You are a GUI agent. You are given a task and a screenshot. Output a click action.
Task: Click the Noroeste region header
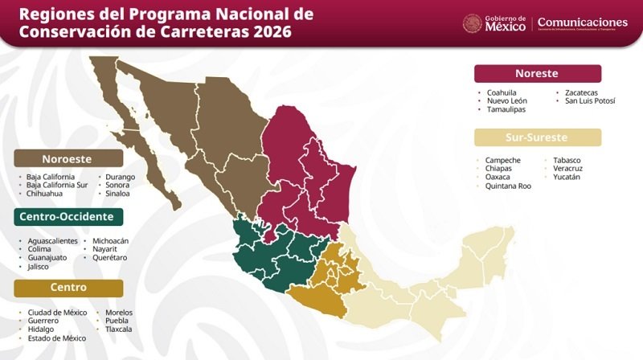coord(68,158)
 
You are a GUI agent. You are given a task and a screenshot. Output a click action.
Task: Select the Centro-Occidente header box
coord(68,217)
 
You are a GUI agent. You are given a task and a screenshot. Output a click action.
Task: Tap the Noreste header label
coord(537,73)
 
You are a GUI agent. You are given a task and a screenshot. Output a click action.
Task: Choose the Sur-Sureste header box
coord(537,137)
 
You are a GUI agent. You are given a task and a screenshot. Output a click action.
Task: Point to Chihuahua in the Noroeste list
coord(46,194)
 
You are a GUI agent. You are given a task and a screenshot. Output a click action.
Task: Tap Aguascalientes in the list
coord(52,240)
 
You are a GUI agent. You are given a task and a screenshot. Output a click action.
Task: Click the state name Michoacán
coord(111,240)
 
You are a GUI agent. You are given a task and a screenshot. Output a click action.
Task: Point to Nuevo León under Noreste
coord(507,100)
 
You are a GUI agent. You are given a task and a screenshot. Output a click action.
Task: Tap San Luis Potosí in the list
coord(590,100)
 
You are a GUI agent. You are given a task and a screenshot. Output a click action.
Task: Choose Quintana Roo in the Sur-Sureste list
coord(508,186)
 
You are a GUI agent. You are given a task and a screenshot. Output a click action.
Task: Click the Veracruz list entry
coord(568,168)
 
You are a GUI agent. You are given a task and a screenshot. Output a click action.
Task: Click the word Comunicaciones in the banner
coord(582,22)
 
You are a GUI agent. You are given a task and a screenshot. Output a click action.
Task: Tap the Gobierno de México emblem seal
coord(472,23)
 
